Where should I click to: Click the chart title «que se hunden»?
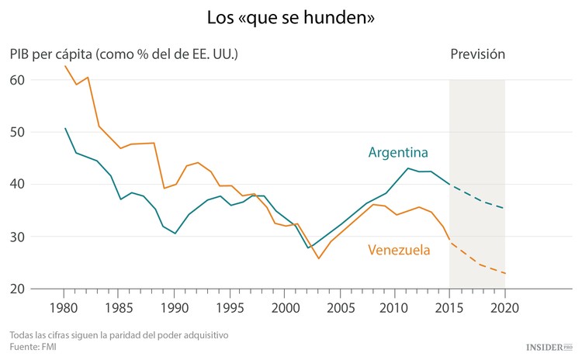point(291,17)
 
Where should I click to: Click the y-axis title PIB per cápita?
point(123,54)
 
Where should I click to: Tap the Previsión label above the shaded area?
point(477,54)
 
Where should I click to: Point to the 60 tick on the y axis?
point(17,80)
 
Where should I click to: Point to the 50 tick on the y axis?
point(17,132)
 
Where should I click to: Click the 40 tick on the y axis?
point(17,185)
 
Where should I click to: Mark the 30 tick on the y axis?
point(17,237)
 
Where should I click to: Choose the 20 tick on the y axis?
point(17,289)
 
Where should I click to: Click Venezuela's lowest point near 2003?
point(318,258)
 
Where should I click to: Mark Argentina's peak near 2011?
point(407,168)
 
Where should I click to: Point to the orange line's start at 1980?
point(65,67)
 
